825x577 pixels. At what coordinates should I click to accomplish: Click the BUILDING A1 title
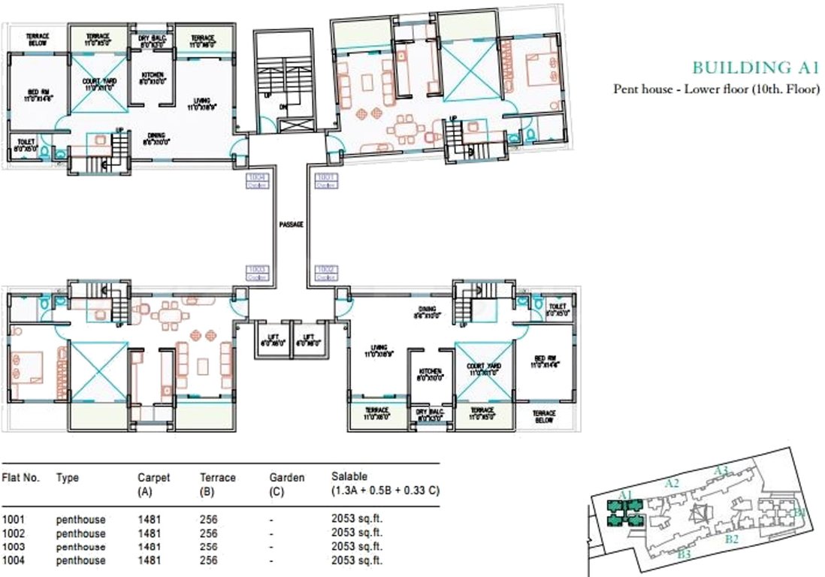[754, 68]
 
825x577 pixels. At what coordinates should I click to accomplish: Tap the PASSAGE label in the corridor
[290, 225]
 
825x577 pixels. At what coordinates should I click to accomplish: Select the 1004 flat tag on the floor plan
[258, 180]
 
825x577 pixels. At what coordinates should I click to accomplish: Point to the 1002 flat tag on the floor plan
[325, 271]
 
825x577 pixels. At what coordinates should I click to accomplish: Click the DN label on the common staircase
[284, 107]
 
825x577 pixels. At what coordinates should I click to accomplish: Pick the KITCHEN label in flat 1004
[153, 78]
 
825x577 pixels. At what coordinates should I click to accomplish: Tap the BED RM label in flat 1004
[35, 94]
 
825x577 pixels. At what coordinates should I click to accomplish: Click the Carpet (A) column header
[153, 484]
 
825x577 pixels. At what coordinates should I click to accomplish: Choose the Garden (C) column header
[286, 484]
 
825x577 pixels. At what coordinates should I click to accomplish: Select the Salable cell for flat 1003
[357, 547]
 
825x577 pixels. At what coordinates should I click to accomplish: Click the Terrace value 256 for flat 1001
[208, 519]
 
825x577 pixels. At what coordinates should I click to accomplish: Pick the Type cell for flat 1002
[80, 533]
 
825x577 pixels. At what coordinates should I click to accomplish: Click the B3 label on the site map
[684, 554]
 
